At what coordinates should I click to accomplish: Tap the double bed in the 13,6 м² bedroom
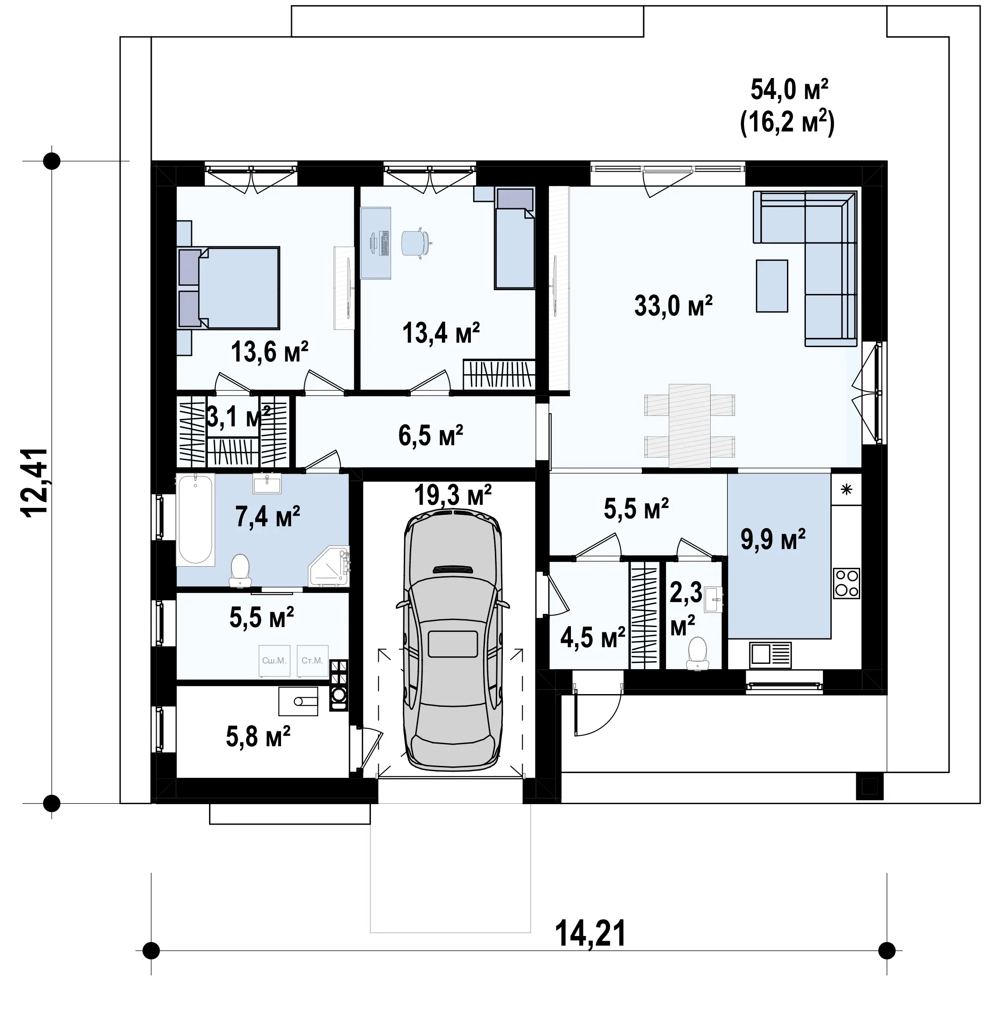coord(229,287)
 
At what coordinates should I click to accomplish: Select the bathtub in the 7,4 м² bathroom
coord(196,519)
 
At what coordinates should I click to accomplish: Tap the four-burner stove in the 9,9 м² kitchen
coord(846,583)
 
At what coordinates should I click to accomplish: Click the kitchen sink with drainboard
coord(770,655)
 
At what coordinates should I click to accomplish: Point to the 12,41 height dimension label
coord(35,482)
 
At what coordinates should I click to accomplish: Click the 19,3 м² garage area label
coord(453,494)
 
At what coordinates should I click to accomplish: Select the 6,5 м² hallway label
coord(431,436)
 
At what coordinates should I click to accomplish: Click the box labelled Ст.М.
coord(312,660)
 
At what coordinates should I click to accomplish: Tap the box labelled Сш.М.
coord(274,660)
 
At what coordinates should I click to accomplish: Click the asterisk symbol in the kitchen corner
coord(846,489)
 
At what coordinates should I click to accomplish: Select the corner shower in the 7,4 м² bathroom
coord(329,566)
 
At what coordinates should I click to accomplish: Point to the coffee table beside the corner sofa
coord(772,286)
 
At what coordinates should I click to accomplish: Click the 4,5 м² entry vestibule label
coord(593,637)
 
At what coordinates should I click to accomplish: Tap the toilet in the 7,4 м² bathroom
coord(240,571)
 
